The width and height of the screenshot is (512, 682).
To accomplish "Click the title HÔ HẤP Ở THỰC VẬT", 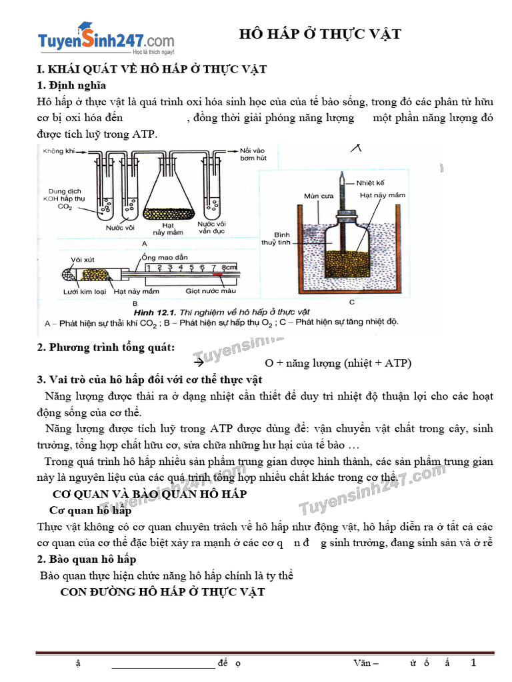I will click(x=320, y=34).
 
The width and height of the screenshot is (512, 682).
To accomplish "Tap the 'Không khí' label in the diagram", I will click(x=58, y=152).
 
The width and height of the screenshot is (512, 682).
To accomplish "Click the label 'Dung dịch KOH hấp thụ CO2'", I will click(x=63, y=198).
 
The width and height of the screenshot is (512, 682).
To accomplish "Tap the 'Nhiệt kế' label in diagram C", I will click(x=371, y=182).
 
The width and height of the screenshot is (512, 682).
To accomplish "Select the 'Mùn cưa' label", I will click(x=317, y=196).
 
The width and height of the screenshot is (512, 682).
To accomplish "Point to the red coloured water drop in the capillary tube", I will click(x=217, y=274).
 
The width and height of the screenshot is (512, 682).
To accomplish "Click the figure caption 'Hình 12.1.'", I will click(x=154, y=311).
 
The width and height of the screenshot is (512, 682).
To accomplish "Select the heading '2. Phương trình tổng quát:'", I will click(x=106, y=347).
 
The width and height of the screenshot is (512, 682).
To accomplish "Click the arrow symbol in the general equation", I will click(x=197, y=364).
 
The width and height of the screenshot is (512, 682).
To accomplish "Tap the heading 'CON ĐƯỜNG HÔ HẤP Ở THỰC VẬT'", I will click(x=163, y=592).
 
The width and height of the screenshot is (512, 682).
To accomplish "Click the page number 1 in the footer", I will click(x=474, y=663).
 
